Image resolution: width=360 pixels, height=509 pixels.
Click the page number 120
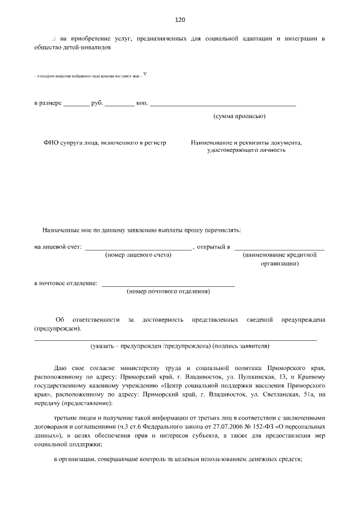tap(180, 20)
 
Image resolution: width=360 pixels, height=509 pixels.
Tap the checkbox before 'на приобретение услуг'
tap(53, 38)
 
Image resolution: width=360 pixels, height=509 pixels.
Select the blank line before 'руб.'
tap(76, 105)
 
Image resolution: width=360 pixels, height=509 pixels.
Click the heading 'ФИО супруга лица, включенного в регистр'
tap(105, 143)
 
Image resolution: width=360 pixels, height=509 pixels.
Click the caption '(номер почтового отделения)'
tap(168, 291)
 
